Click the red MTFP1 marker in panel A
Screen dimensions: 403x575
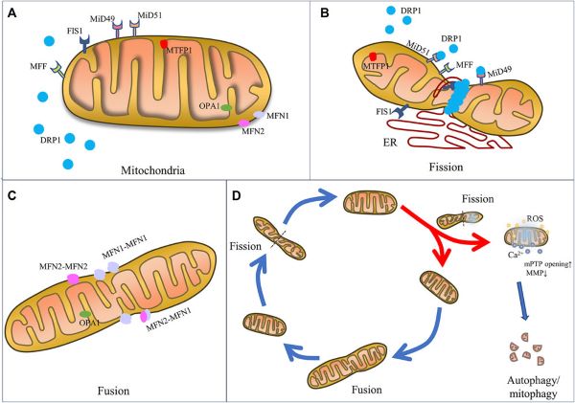164,44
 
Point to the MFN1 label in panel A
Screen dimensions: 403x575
279,116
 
